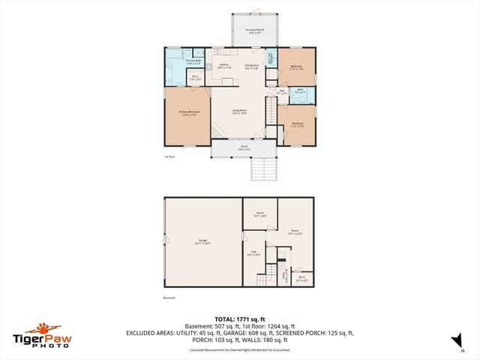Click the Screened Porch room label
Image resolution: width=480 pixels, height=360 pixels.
click(x=254, y=31)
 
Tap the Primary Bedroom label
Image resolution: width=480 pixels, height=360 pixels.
click(x=187, y=113)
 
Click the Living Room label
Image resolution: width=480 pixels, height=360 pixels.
click(x=240, y=112)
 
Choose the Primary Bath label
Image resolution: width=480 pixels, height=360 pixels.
click(x=193, y=61)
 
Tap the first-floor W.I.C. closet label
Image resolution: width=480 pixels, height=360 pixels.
click(x=195, y=76)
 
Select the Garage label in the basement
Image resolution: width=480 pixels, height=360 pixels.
click(x=203, y=241)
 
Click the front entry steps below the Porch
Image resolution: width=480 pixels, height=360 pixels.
click(x=259, y=169)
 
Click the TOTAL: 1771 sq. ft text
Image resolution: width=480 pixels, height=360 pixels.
click(x=239, y=319)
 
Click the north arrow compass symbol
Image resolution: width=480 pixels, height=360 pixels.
click(x=454, y=341)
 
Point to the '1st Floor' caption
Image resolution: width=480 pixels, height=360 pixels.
click(x=169, y=157)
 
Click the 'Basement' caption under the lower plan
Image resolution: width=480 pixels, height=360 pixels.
click(x=169, y=298)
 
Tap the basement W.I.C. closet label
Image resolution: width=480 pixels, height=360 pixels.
click(x=302, y=278)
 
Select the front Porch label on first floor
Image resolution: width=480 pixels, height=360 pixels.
click(x=244, y=148)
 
